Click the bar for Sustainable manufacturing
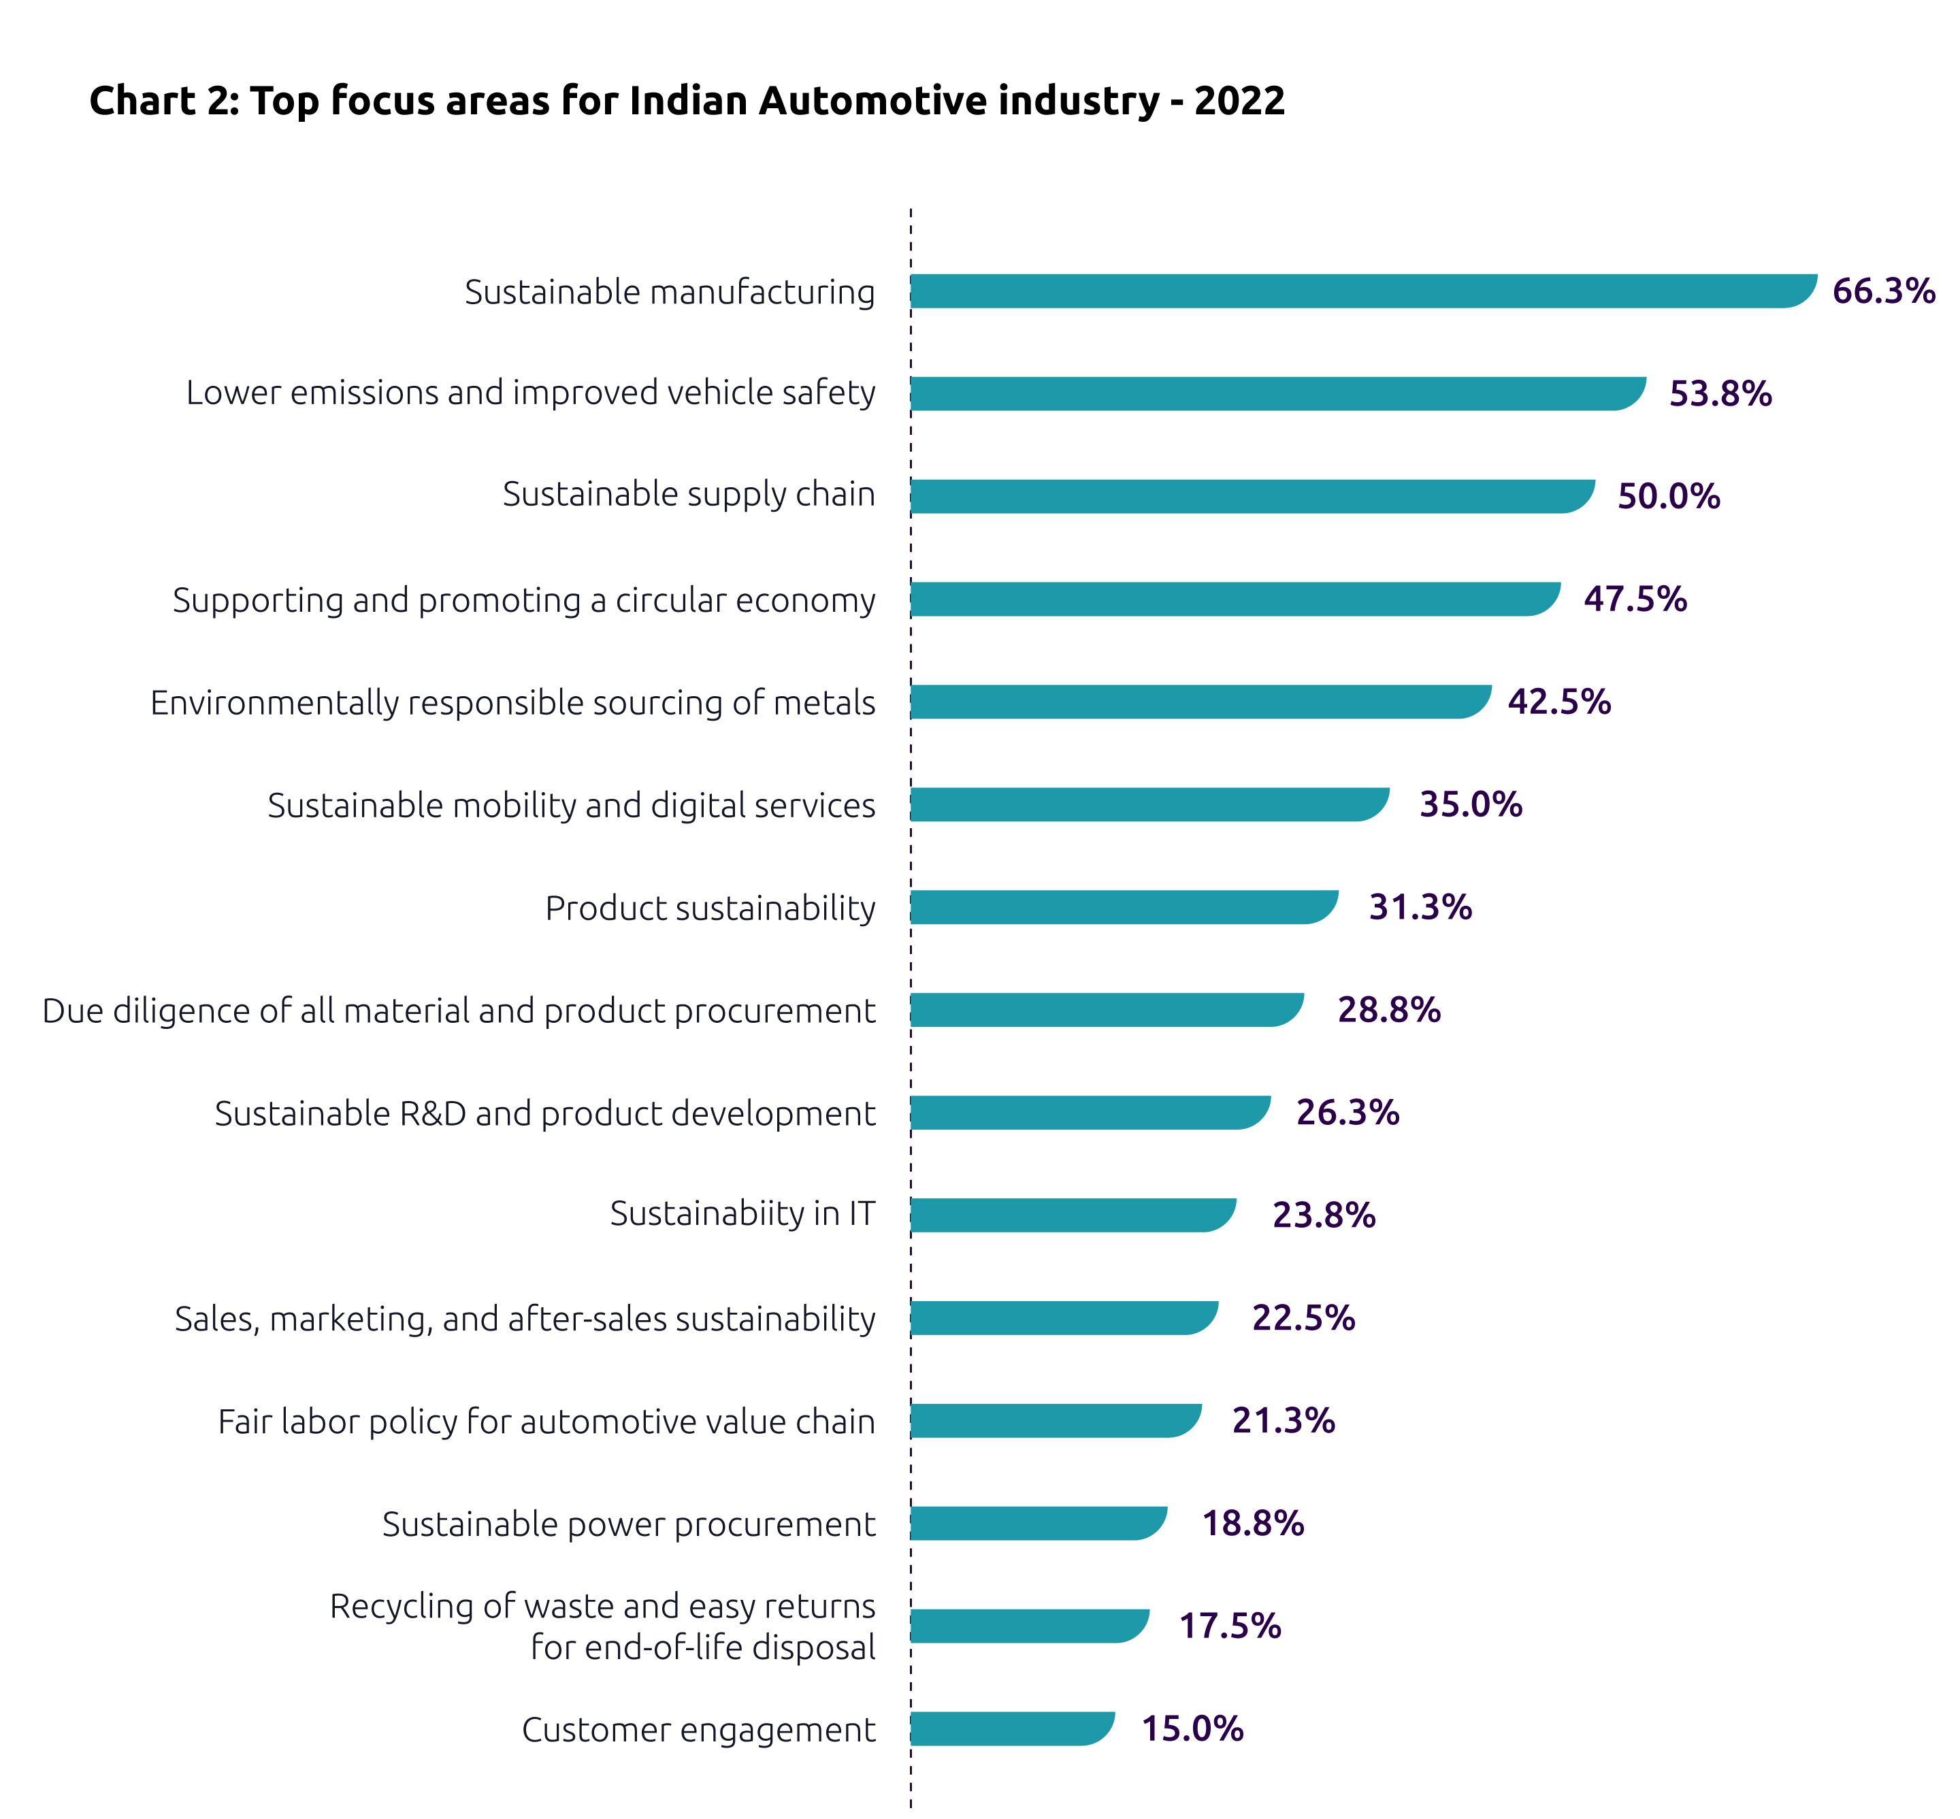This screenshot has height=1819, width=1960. [1362, 291]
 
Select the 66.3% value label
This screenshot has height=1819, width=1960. [1882, 291]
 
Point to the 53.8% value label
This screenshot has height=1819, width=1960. [1719, 394]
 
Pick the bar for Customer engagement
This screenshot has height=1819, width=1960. [1011, 1728]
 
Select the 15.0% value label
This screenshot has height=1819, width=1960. [1191, 1728]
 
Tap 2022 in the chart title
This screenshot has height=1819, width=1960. [1239, 101]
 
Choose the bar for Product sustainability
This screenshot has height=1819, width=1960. [1122, 906]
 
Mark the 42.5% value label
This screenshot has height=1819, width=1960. [1558, 702]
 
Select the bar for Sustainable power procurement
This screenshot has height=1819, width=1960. [1038, 1523]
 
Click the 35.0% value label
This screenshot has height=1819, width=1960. [1470, 804]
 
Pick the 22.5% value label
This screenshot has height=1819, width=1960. [1303, 1318]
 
